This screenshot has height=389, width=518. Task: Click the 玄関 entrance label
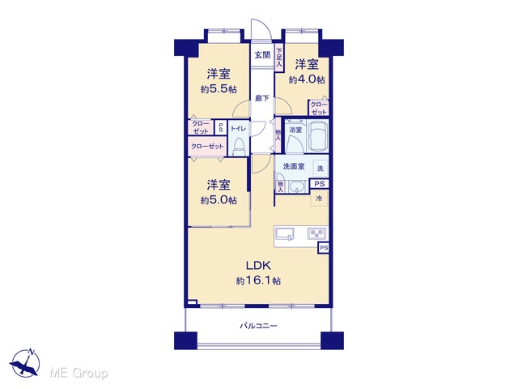(x=262, y=55)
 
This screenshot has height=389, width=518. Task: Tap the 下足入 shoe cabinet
(x=279, y=58)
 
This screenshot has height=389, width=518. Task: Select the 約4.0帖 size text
(x=307, y=79)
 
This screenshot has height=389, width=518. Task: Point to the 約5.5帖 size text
(x=219, y=89)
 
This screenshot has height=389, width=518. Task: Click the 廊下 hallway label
(x=262, y=98)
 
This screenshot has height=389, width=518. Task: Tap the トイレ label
(x=238, y=129)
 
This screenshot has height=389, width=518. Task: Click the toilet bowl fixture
(x=238, y=146)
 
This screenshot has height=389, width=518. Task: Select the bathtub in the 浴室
(x=318, y=135)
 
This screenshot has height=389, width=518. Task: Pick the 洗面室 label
(x=294, y=166)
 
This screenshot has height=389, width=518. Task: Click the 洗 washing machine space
(x=321, y=169)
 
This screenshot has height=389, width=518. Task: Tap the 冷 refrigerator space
(x=319, y=199)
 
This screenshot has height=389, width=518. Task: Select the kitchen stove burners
(x=316, y=233)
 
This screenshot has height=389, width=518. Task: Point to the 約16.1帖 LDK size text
(x=258, y=281)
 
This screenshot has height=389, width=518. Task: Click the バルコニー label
(x=258, y=326)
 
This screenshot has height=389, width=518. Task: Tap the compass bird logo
(x=25, y=363)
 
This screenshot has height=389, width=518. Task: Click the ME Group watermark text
(x=79, y=374)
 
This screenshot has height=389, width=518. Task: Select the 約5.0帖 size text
(x=219, y=200)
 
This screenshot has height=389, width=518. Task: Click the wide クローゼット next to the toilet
(x=207, y=146)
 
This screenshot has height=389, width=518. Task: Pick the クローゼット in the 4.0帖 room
(x=318, y=108)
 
